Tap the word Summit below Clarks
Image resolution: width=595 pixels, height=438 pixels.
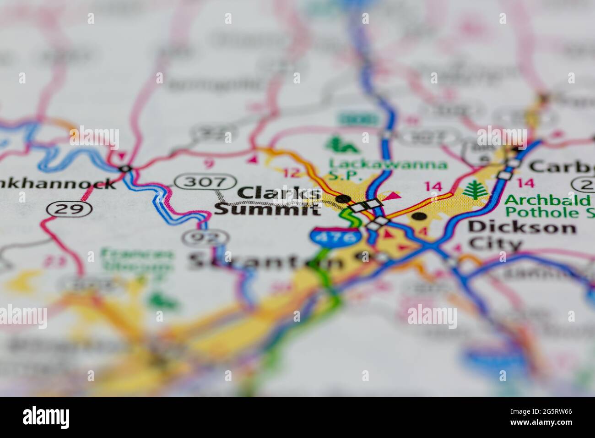tap(268, 210)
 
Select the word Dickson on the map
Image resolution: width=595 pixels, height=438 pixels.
tap(522, 227)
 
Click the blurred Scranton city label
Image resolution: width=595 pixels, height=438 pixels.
tap(265, 262)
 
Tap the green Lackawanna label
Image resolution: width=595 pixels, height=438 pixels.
tap(388, 164)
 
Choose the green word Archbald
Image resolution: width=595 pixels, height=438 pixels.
tap(547, 200)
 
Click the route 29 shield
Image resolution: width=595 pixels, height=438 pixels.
tap(69, 209)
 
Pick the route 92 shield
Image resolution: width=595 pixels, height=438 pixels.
tap(205, 237)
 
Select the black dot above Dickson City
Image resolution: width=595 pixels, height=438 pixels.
tap(417, 216)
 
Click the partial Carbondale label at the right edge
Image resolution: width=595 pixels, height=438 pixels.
tap(563, 166)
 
